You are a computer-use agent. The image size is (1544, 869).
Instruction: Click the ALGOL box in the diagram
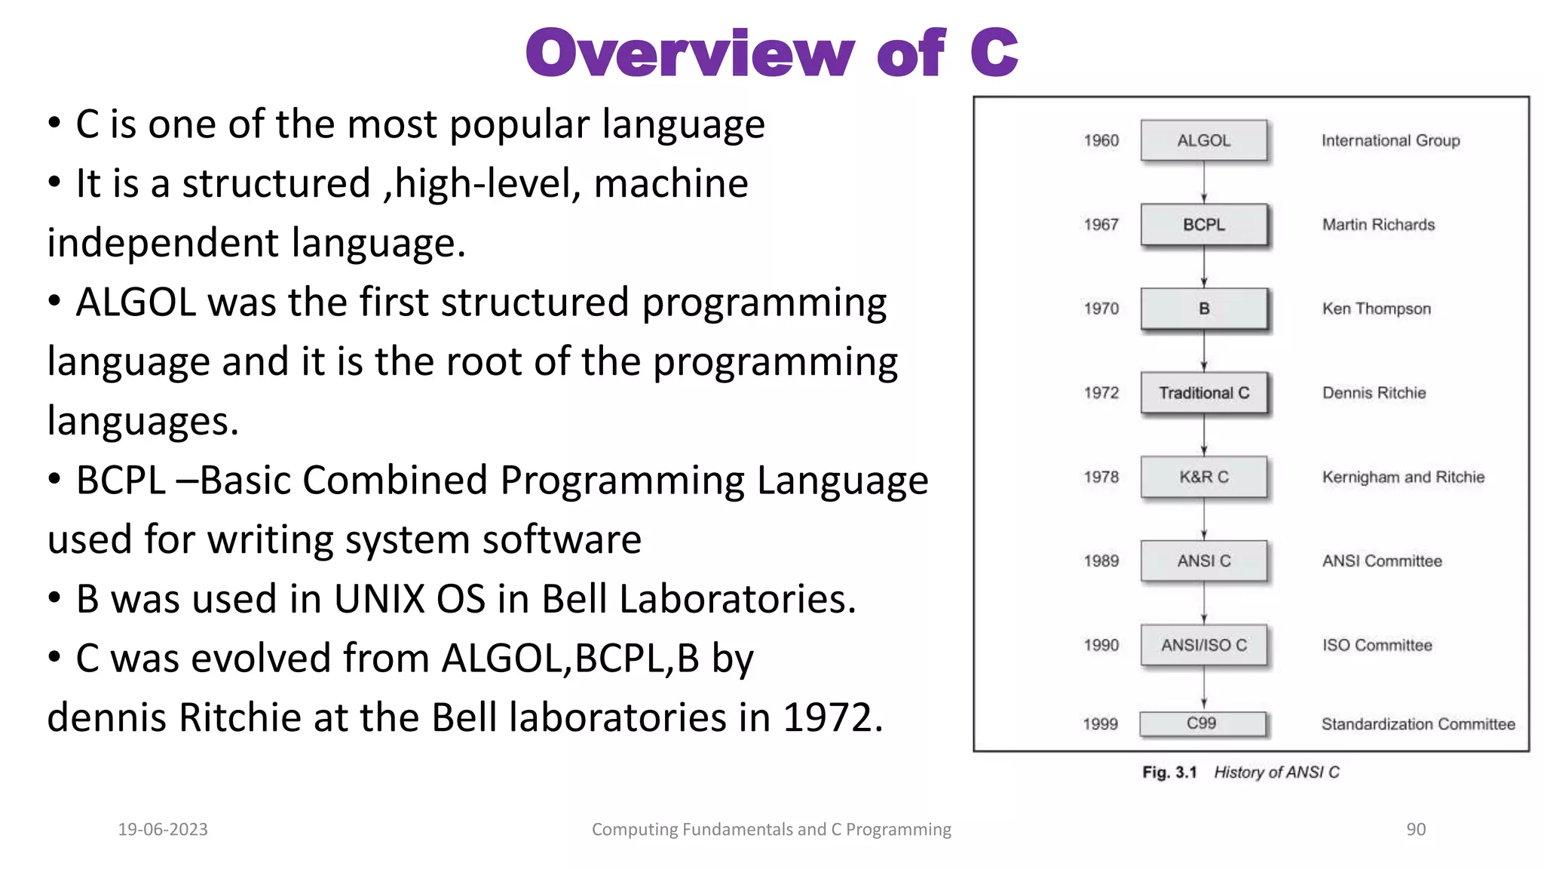1203,140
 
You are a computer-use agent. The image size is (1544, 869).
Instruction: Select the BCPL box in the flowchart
1203,224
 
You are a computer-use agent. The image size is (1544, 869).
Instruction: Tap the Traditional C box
1203,392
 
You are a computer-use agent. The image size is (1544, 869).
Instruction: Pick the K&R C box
1203,477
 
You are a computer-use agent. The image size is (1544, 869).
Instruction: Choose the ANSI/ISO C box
1203,645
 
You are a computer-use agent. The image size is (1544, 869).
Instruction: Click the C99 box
1202,723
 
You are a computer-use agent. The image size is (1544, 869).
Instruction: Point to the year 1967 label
1101,224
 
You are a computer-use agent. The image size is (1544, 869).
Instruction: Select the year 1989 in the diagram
1101,560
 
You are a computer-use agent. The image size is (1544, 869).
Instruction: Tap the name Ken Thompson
1376,309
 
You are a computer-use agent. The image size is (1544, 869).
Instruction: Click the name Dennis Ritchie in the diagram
1374,392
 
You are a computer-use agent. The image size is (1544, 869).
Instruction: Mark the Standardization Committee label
1417,724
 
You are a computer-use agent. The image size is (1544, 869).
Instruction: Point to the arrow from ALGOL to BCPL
1204,182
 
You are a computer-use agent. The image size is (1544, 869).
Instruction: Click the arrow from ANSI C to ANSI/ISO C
1204,603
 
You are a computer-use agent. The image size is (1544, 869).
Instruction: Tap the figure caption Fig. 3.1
1169,772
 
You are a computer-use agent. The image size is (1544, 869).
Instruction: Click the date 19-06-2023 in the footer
163,829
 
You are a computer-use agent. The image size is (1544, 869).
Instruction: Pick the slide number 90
1415,829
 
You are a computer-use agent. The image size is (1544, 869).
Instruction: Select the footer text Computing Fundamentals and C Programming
771,829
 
